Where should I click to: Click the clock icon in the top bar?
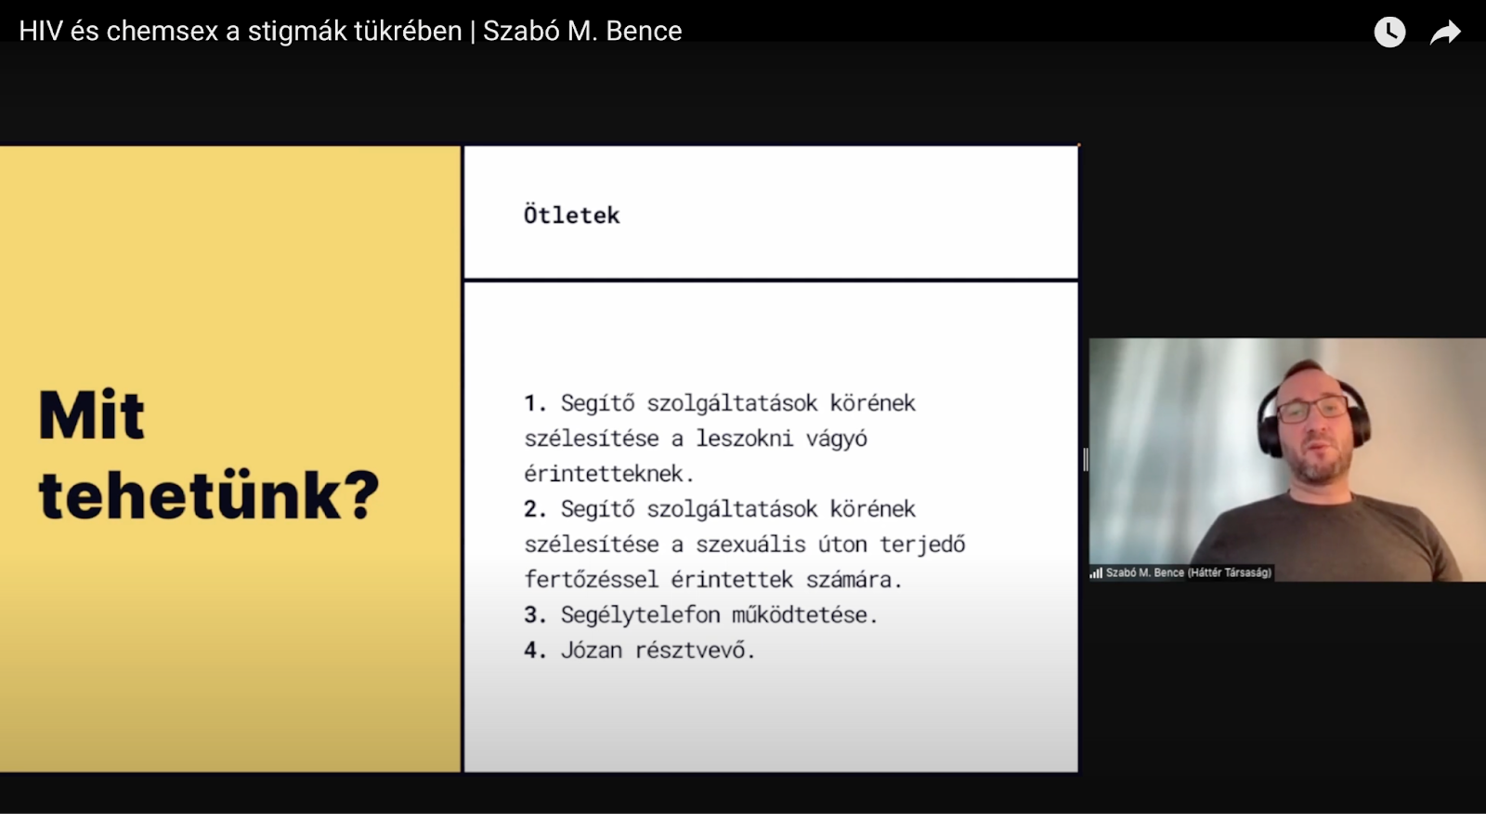[x=1389, y=32]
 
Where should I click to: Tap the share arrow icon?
[x=1445, y=33]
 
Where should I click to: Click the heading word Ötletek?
[x=572, y=215]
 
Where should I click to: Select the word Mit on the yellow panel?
[x=92, y=415]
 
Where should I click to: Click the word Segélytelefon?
[x=640, y=615]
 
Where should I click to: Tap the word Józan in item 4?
[x=592, y=650]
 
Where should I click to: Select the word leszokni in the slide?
[x=744, y=439]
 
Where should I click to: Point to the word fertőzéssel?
[x=592, y=580]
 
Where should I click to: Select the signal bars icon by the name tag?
[x=1096, y=573]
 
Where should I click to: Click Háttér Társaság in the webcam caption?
[x=1230, y=572]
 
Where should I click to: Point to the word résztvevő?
[x=696, y=650]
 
